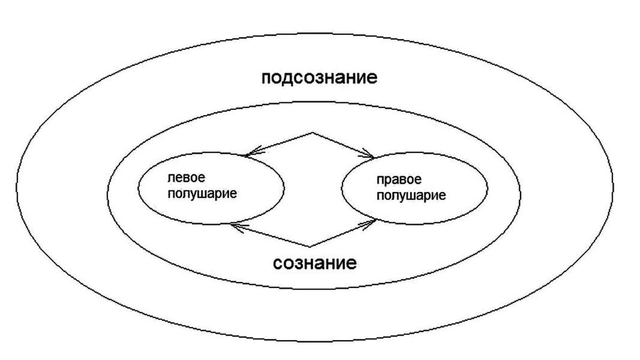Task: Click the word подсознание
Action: (319, 78)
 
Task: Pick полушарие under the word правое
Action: (411, 195)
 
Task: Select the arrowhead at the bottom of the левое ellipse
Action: (235, 226)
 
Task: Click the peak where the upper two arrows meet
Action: (312, 132)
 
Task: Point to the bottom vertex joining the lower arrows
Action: (310, 246)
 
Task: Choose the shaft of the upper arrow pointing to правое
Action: (341, 144)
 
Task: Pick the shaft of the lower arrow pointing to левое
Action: (272, 236)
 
